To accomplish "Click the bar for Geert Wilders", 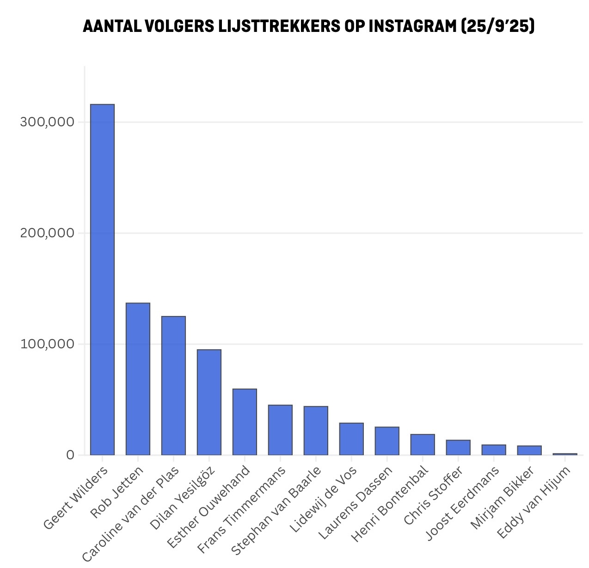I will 102,279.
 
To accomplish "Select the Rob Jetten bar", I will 138,379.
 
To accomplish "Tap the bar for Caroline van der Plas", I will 173,385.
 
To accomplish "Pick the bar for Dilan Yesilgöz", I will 209,402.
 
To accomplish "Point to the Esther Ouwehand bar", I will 245,422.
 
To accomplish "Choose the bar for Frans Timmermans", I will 280,430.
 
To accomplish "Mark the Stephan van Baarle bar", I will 316,431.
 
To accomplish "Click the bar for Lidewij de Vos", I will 351,439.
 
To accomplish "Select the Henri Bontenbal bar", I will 423,445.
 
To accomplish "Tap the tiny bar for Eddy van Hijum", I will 565,454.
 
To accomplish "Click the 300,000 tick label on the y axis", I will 47,122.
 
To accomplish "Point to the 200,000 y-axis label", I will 47,233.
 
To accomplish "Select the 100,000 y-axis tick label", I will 47,344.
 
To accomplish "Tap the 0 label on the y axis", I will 70,455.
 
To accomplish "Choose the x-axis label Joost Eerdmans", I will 463,503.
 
